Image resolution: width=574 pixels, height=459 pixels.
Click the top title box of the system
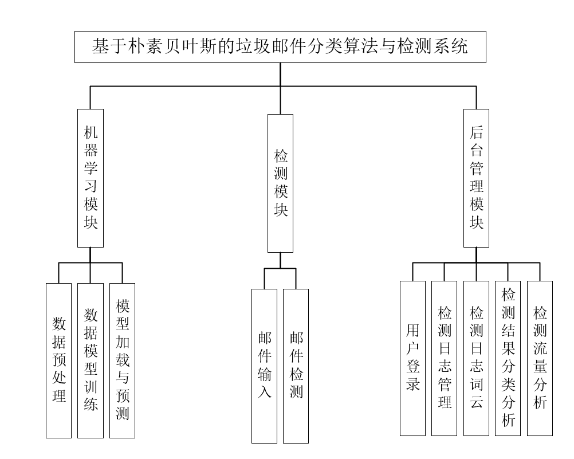click(280, 47)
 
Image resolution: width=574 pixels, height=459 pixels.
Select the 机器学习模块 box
click(91, 178)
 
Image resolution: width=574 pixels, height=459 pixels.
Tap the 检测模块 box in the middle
click(280, 183)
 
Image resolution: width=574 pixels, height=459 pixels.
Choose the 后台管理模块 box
click(476, 178)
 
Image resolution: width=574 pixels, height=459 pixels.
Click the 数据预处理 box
click(59, 360)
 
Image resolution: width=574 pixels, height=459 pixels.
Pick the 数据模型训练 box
click(91, 360)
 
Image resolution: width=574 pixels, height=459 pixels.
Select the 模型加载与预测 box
click(122, 360)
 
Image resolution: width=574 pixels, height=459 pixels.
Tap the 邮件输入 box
click(264, 366)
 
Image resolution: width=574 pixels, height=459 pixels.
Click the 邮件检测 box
click(296, 366)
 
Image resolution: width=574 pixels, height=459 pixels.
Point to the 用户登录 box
click(412, 358)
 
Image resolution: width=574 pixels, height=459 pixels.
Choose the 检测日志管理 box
click(444, 358)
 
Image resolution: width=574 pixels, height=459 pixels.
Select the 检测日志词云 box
click(476, 358)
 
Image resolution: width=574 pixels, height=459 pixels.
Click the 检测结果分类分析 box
click(508, 358)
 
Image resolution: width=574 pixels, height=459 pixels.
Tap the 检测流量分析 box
click(540, 358)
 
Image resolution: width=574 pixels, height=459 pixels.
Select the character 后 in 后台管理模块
click(477, 134)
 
